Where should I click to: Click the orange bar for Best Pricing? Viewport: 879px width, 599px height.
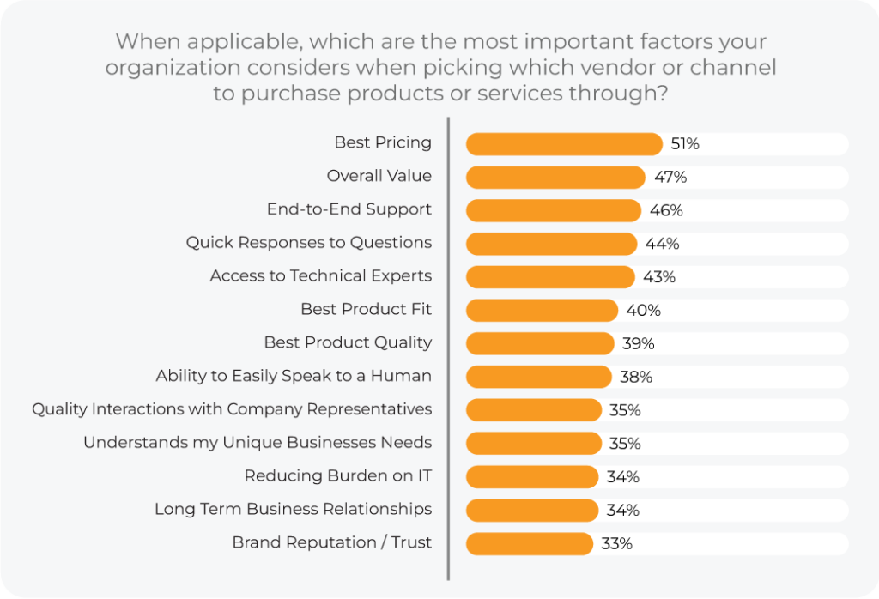(564, 144)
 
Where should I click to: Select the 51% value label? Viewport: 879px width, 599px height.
(685, 144)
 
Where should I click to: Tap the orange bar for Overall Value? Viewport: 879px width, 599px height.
(555, 177)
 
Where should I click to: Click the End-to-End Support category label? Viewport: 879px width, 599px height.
(349, 209)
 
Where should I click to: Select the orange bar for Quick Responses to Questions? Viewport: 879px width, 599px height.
(551, 244)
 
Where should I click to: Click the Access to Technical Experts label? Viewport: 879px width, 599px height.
(321, 276)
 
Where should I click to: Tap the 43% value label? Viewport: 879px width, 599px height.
(659, 277)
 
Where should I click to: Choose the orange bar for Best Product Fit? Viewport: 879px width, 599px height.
(542, 310)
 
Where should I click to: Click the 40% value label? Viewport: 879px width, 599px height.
(644, 311)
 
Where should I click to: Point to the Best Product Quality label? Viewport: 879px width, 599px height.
(348, 342)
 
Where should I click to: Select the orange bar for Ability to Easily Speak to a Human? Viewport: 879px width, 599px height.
(538, 377)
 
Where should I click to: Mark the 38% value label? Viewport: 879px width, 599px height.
(636, 377)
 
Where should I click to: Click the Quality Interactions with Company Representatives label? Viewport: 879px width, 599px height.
(232, 409)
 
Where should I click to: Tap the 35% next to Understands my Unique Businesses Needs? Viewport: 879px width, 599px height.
(625, 444)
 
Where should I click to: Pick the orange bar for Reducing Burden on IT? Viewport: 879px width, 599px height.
(531, 477)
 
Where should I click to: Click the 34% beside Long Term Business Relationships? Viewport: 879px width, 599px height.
(622, 511)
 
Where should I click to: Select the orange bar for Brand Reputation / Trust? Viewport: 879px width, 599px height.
(529, 543)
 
